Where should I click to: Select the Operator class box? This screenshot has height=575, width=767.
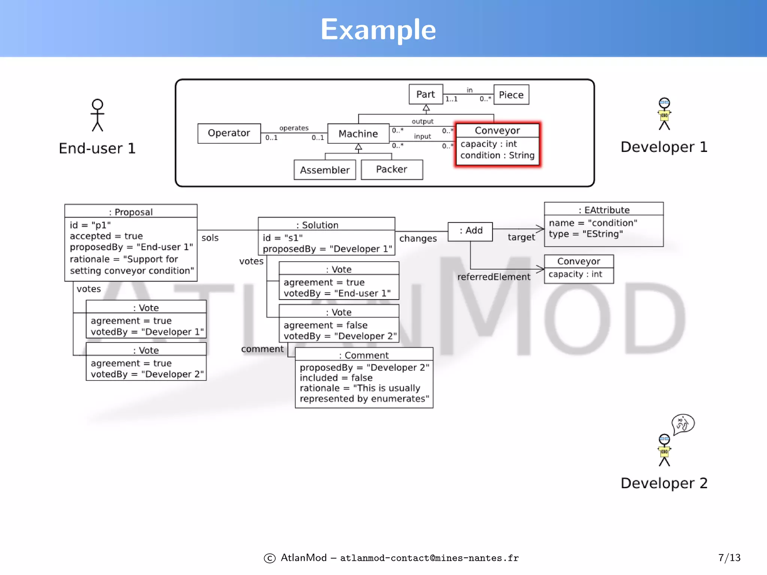(x=229, y=133)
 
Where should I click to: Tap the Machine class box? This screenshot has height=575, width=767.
(x=358, y=134)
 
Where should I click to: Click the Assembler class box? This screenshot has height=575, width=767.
(x=325, y=170)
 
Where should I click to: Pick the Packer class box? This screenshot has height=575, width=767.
(x=392, y=170)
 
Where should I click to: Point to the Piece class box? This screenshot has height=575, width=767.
(x=511, y=95)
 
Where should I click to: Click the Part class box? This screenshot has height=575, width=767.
(x=426, y=94)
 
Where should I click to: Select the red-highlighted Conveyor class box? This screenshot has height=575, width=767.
(x=497, y=144)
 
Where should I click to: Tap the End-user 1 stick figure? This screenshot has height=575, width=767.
(x=97, y=115)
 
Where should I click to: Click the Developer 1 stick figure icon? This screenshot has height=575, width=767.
(x=664, y=114)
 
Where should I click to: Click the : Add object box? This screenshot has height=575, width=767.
(x=470, y=231)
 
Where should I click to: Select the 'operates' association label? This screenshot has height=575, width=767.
(x=294, y=128)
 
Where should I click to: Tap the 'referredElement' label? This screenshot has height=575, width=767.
(x=494, y=277)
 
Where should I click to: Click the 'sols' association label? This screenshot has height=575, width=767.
(x=210, y=238)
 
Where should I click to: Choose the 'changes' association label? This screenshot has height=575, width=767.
(x=418, y=239)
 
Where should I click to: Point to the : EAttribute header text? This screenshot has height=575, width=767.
(x=604, y=210)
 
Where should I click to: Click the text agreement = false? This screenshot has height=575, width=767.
(x=325, y=325)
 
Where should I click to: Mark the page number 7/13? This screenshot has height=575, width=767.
(x=729, y=558)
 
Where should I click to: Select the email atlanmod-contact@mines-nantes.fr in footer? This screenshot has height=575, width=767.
(x=429, y=558)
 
